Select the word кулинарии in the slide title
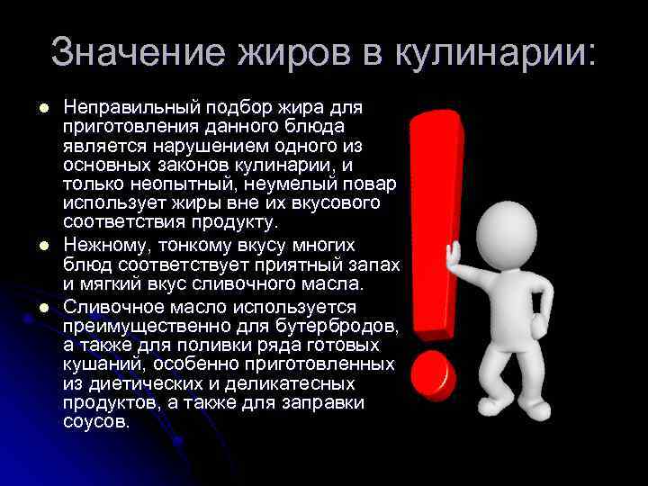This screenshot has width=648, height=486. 486,53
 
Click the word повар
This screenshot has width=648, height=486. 368,184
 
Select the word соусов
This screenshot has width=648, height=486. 95,421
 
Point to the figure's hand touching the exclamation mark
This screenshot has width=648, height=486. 454,256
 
